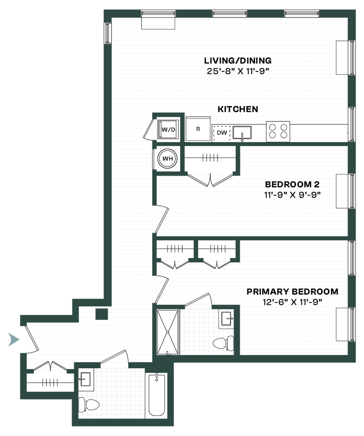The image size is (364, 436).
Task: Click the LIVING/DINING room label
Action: (x=238, y=60)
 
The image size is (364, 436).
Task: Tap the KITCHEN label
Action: (x=238, y=109)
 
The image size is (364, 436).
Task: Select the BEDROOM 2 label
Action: (x=292, y=184)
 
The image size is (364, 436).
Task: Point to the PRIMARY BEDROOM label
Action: (x=292, y=292)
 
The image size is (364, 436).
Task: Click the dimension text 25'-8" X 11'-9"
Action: (x=238, y=71)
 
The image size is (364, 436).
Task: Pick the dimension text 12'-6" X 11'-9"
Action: (x=292, y=302)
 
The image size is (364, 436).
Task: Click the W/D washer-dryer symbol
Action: (x=168, y=129)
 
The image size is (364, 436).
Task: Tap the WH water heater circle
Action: (x=168, y=158)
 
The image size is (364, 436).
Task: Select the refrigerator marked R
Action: (x=198, y=129)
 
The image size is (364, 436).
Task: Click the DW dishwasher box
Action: (x=222, y=133)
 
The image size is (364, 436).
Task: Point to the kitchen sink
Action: (x=242, y=133)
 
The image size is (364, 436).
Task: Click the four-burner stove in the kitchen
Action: (x=278, y=132)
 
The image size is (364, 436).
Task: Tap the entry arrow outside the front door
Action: (x=14, y=339)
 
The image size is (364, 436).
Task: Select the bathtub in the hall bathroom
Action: (x=157, y=395)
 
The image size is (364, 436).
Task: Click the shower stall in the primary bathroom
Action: (x=168, y=332)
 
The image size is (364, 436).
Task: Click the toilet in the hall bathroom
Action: (x=89, y=404)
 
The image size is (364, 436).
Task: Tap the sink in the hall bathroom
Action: (x=86, y=379)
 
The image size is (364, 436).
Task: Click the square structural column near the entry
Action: (x=102, y=314)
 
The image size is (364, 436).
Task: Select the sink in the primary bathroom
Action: (x=227, y=318)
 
